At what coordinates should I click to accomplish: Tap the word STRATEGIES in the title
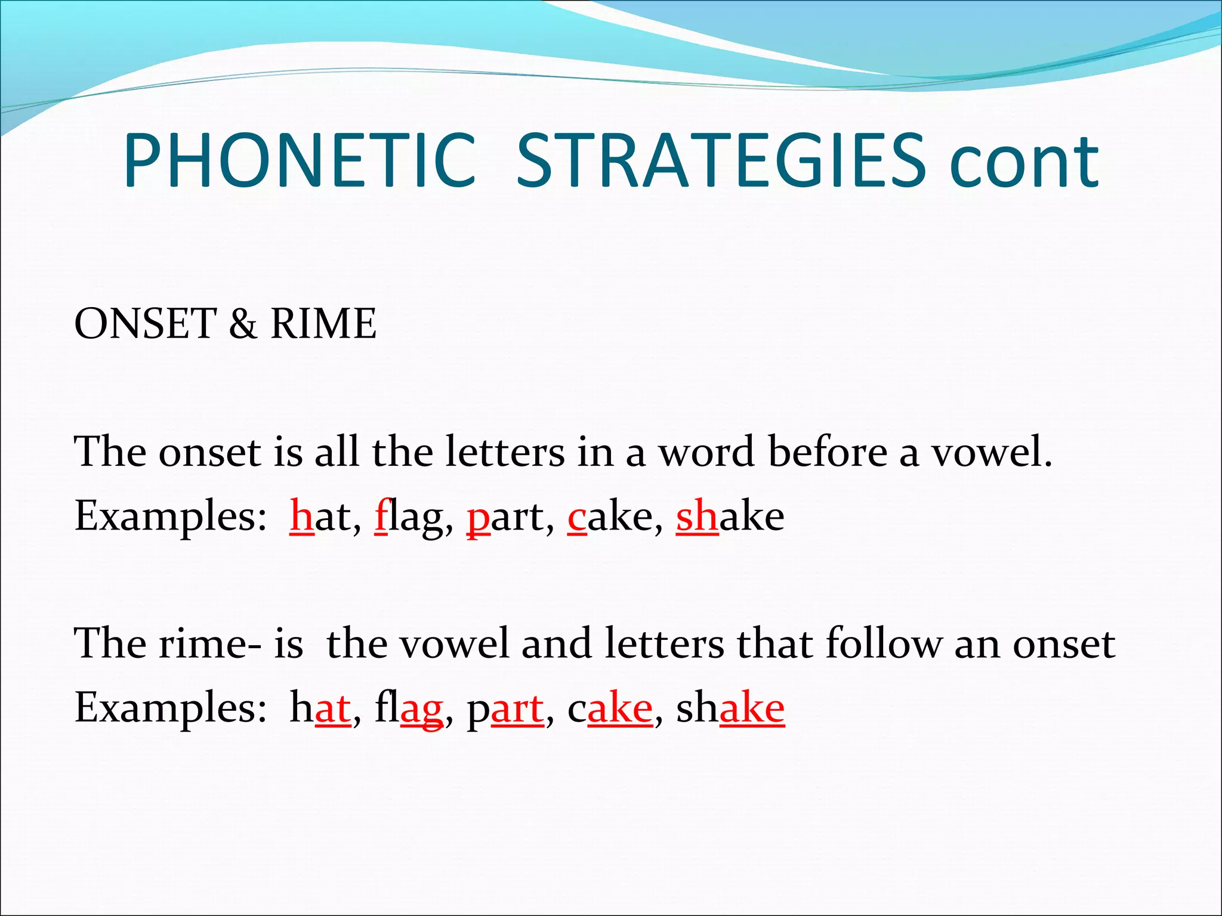tap(721, 161)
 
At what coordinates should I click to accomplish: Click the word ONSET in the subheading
tap(144, 324)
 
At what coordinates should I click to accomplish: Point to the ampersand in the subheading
tap(243, 324)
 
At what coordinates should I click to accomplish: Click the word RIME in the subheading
tap(323, 324)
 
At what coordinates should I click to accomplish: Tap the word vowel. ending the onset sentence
tap(992, 451)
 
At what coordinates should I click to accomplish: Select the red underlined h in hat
tap(301, 516)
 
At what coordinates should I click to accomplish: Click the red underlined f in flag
tap(381, 516)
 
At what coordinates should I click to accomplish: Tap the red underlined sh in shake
tap(696, 516)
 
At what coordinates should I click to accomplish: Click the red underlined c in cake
tap(577, 517)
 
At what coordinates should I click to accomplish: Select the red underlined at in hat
tap(332, 708)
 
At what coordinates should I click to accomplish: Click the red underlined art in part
tap(517, 708)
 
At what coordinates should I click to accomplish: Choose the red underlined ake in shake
tap(752, 708)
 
